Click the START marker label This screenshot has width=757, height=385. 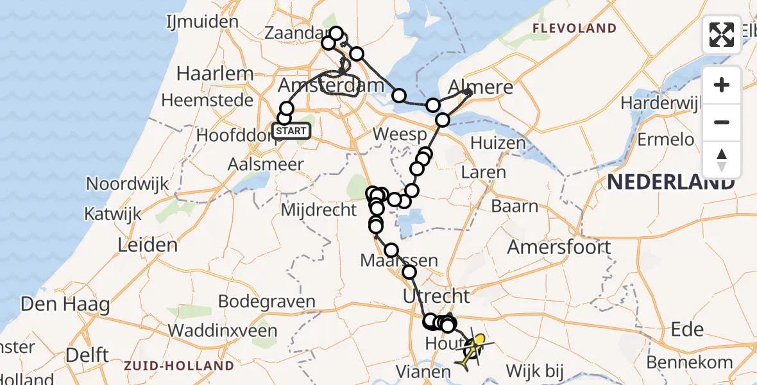pos(292,132)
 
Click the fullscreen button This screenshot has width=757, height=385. pos(722,34)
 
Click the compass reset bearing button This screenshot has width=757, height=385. pos(722,160)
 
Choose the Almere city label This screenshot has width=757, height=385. pos(481,87)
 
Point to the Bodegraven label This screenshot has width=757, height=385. pos(266,302)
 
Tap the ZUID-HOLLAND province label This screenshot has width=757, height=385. pos(179,366)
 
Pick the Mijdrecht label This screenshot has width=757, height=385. pos(318,209)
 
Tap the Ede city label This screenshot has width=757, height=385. pos(687,329)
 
